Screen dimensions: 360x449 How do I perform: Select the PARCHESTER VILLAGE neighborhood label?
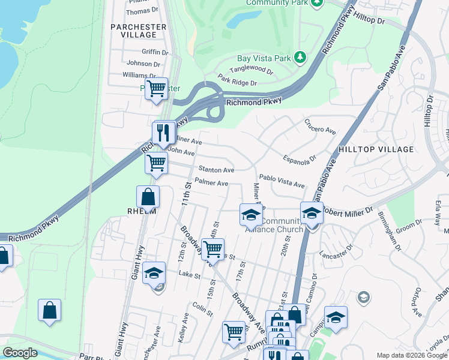[x=138, y=31]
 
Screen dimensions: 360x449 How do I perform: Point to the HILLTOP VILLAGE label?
[x=376, y=149]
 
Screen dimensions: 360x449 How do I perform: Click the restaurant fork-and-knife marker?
[x=163, y=133]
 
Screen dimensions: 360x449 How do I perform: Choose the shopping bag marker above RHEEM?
[x=148, y=196]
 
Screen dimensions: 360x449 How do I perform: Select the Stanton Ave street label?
[x=216, y=170]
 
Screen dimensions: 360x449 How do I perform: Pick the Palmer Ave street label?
[x=211, y=182]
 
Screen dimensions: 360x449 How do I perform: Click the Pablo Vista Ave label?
[x=282, y=178]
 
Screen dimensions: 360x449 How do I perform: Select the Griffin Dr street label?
[x=156, y=52]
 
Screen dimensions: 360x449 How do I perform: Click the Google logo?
[x=20, y=353]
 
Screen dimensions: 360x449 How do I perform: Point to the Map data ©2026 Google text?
[x=411, y=355]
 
